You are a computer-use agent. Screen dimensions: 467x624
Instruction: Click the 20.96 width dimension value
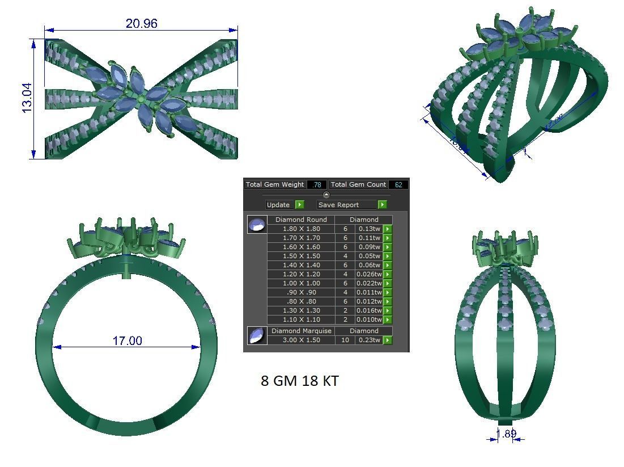coord(141,23)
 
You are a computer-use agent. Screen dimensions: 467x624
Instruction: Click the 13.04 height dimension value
coord(27,98)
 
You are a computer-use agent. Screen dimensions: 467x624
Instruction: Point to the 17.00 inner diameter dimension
coord(127,340)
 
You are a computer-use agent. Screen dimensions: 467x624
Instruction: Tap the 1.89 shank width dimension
coord(506,434)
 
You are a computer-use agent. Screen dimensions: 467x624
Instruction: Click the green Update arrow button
coord(300,205)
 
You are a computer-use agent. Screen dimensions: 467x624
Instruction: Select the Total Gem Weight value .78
coord(317,184)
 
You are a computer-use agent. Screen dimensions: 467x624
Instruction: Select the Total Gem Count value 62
coord(398,184)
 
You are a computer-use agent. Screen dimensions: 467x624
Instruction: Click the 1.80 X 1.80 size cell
coord(300,229)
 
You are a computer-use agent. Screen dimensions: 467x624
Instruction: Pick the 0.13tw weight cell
coord(369,229)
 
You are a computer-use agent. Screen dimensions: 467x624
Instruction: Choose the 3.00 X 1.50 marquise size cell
coord(300,340)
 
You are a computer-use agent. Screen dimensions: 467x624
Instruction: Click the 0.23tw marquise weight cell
coord(369,340)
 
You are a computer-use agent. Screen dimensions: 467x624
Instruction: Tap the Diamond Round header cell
coord(300,220)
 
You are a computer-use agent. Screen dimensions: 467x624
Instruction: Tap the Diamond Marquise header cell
coord(301,331)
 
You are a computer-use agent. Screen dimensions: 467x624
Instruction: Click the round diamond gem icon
coord(257,225)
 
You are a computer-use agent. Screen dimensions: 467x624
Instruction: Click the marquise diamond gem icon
coord(257,335)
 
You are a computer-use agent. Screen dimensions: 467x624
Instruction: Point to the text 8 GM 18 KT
coord(299,381)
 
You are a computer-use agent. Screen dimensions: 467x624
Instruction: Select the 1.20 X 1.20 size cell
coord(300,274)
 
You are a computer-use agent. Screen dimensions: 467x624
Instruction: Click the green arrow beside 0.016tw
coord(388,310)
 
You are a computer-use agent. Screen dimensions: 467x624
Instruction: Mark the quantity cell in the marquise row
coord(345,340)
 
